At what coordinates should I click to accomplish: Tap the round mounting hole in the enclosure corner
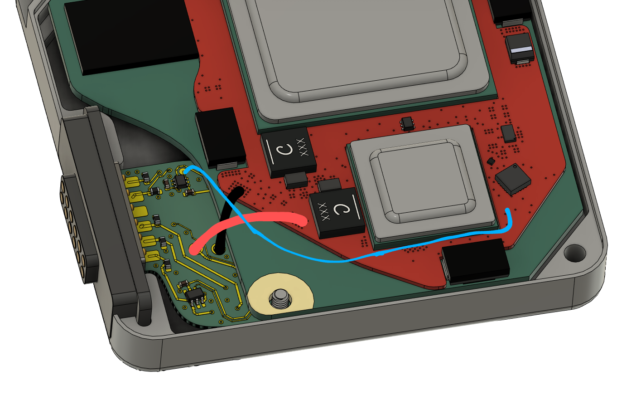(x=574, y=253)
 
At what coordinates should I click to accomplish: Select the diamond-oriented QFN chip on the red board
(x=513, y=180)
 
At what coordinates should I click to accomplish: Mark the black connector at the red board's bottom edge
(x=475, y=261)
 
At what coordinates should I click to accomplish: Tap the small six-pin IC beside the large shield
(x=407, y=123)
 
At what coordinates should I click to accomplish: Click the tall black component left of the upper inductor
(x=220, y=138)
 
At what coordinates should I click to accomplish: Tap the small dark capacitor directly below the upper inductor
(x=296, y=180)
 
